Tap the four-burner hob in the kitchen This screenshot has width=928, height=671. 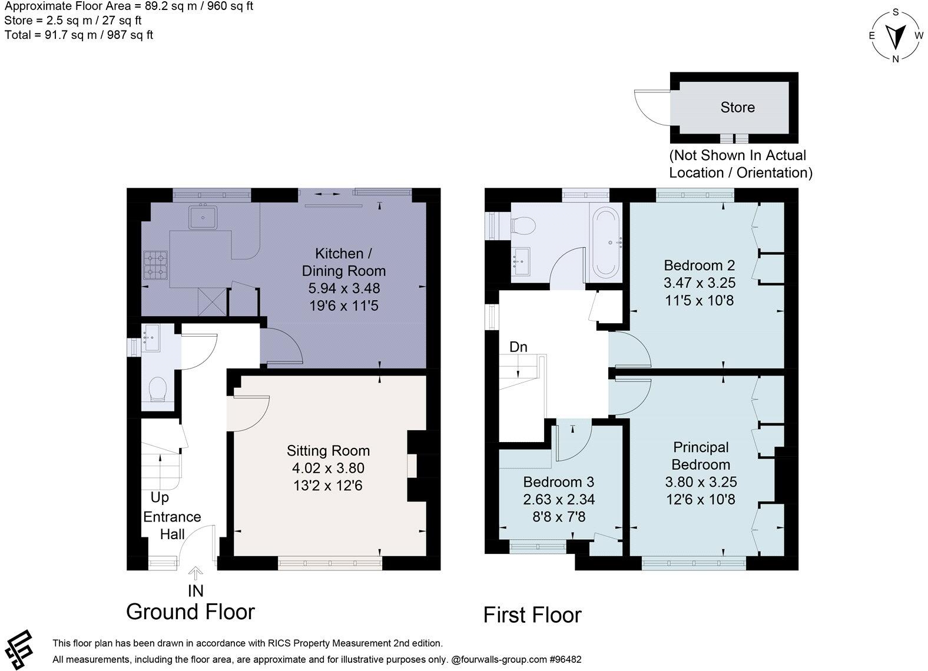pos(156,265)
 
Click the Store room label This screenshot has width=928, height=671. pos(737,107)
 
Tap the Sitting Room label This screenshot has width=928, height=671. pos(328,451)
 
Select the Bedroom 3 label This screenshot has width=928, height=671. pos(558,481)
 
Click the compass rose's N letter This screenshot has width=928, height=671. pos(895,59)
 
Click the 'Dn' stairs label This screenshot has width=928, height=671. pos(518,347)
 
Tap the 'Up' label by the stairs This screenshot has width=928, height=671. pos(160,497)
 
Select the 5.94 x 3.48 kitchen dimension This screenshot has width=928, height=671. pos(344,288)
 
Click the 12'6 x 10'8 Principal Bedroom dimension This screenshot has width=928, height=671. pos(701,499)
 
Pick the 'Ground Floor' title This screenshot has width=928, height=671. pos(191,612)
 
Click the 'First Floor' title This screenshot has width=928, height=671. pos(532,614)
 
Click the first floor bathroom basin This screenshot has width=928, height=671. pos(521,262)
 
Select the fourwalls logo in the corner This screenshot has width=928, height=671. pos(19,650)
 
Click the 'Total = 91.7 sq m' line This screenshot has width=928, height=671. pos(79,35)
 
